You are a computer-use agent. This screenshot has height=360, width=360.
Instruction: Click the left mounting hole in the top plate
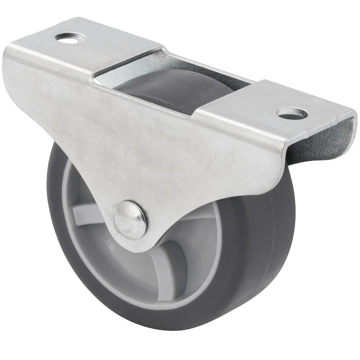(70, 38)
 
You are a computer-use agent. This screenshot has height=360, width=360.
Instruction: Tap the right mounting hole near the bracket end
(292, 113)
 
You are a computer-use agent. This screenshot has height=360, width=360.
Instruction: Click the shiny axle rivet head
(130, 220)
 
